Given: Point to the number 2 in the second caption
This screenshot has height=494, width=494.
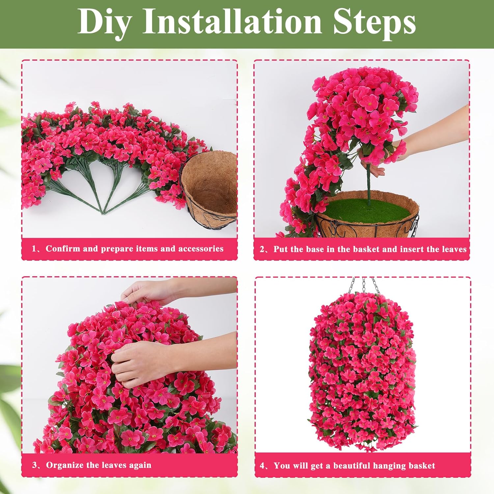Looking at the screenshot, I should pos(262,249).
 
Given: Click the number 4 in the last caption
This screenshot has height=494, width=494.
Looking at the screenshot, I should pos(262,466).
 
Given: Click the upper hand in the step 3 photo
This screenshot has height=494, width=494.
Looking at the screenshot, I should pos(145,291).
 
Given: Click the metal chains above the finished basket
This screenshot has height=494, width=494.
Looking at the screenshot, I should pos(364,285).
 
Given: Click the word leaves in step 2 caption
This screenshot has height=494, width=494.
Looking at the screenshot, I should pos(454,249).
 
